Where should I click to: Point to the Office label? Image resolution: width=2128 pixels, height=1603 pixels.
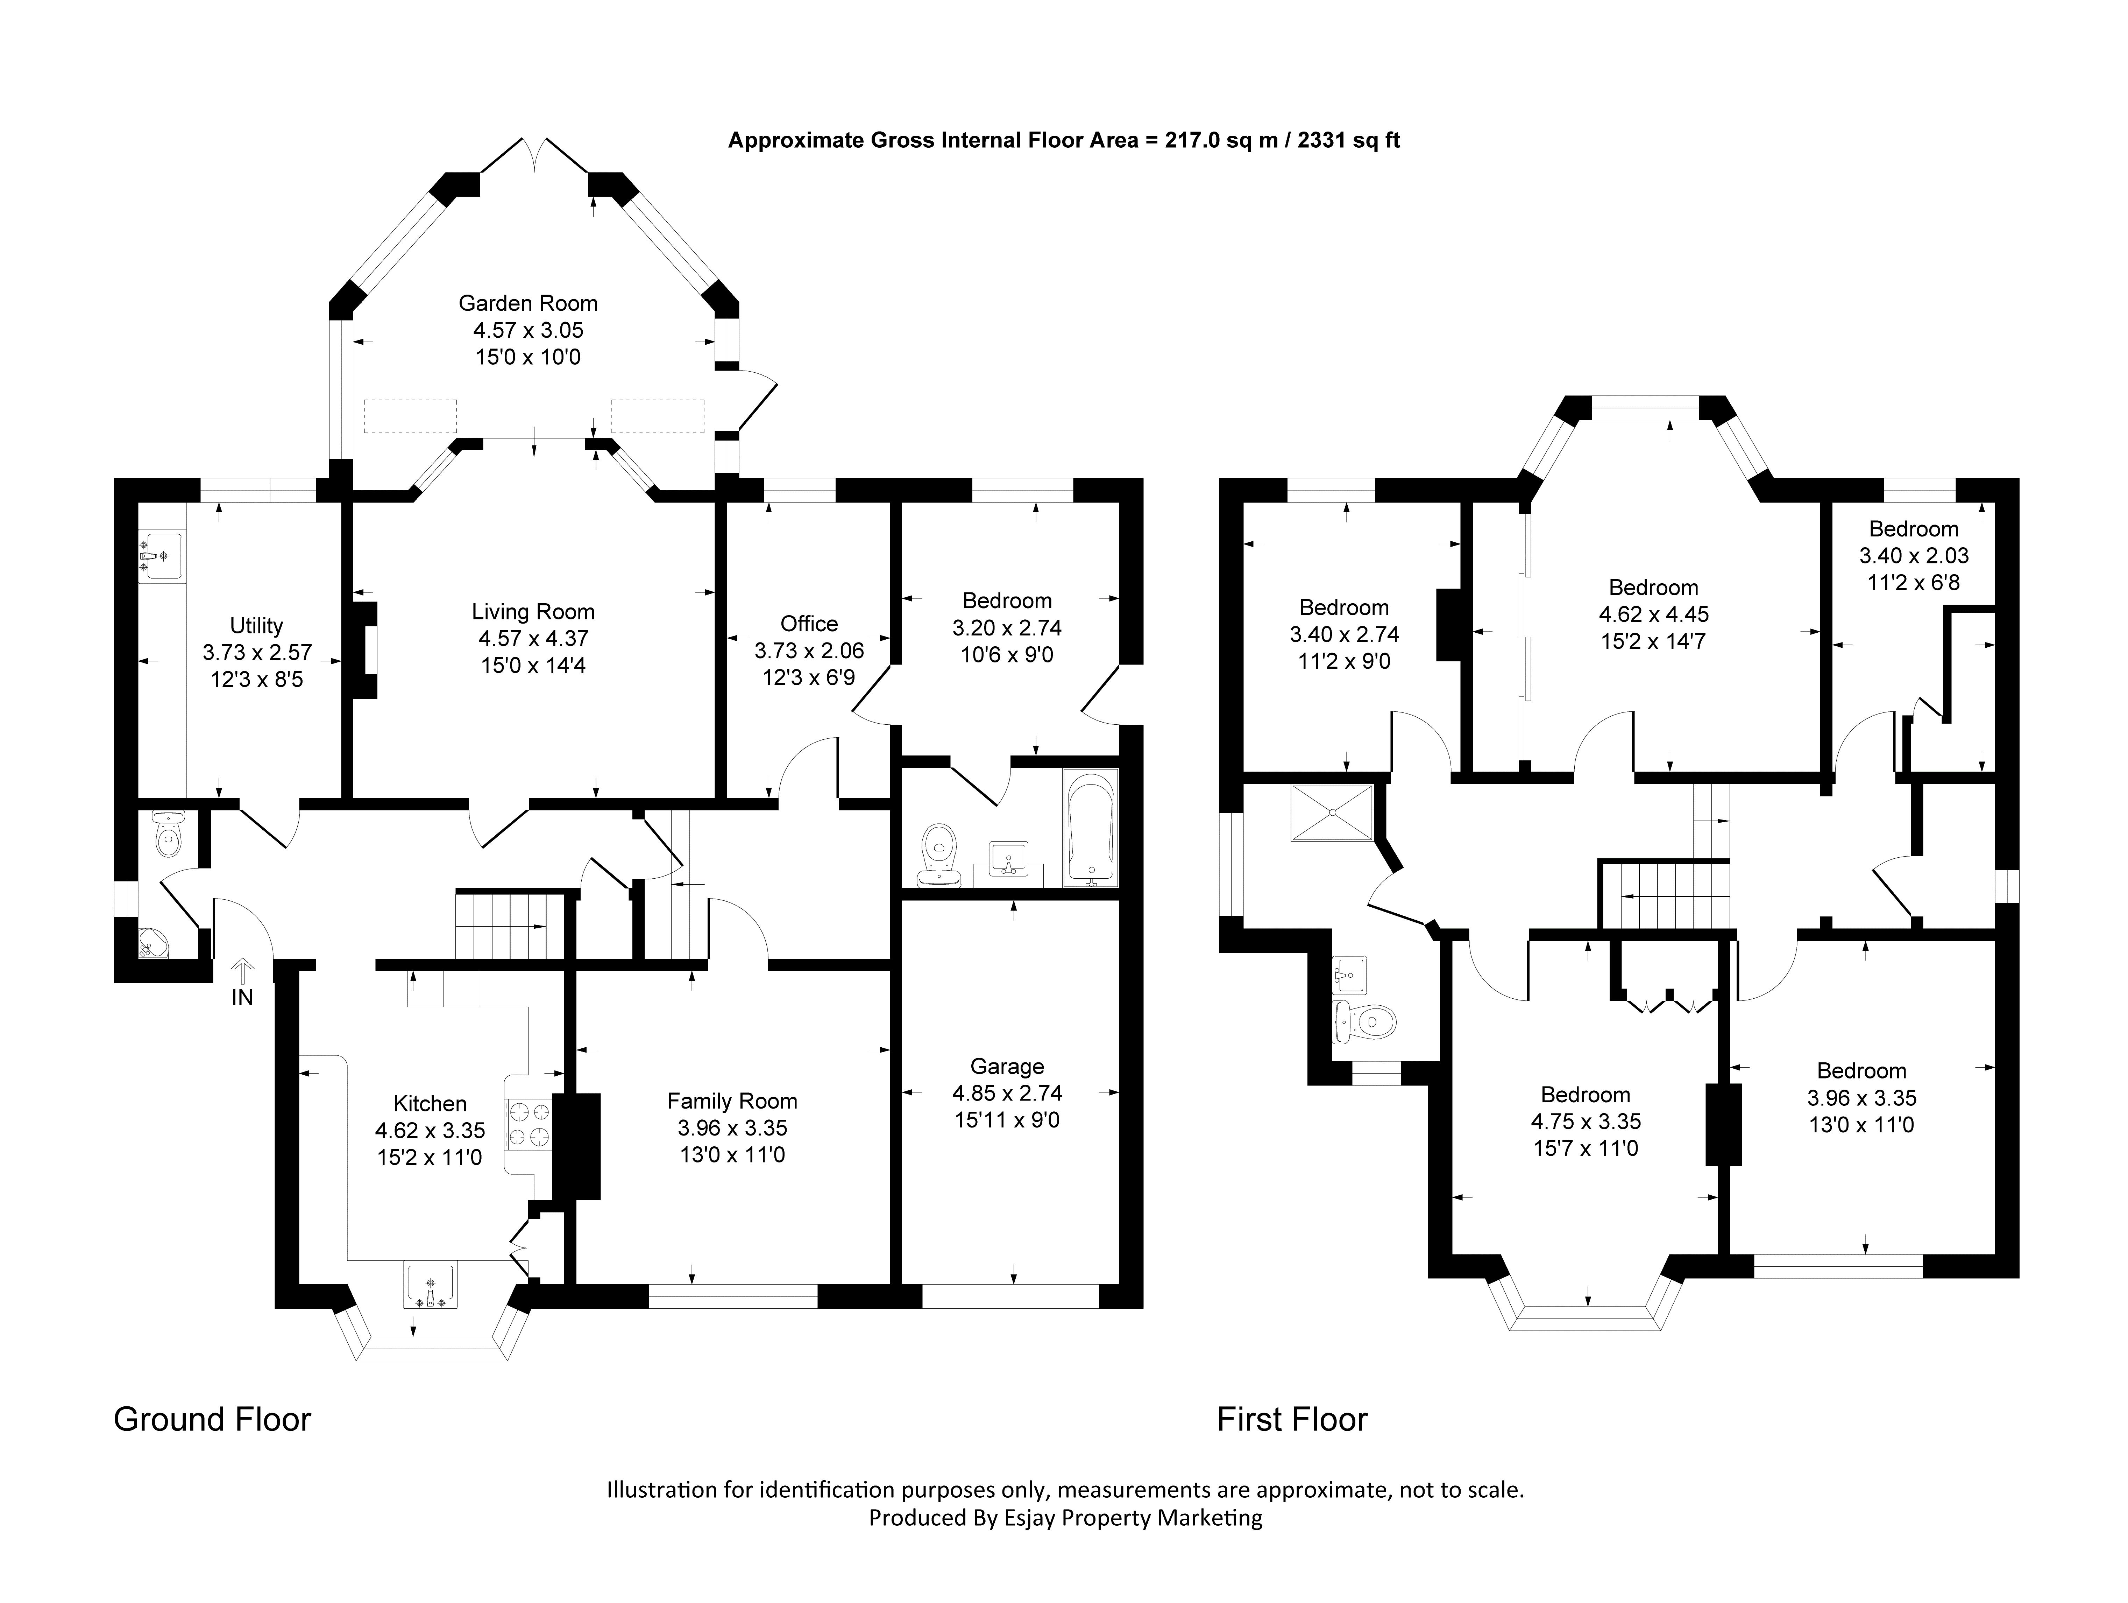pyautogui.click(x=809, y=624)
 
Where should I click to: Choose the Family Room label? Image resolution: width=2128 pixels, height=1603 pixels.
pyautogui.click(x=732, y=1101)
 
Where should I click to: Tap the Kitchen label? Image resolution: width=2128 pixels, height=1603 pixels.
pyautogui.click(x=430, y=1104)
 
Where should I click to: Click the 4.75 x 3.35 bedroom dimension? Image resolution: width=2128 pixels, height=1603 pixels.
pyautogui.click(x=1586, y=1121)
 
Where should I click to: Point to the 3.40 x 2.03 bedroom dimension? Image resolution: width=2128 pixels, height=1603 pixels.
pyautogui.click(x=1914, y=555)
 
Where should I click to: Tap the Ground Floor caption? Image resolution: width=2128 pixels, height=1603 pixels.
pyautogui.click(x=213, y=1419)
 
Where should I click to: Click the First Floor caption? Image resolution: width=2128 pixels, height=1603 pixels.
pyautogui.click(x=1292, y=1419)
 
